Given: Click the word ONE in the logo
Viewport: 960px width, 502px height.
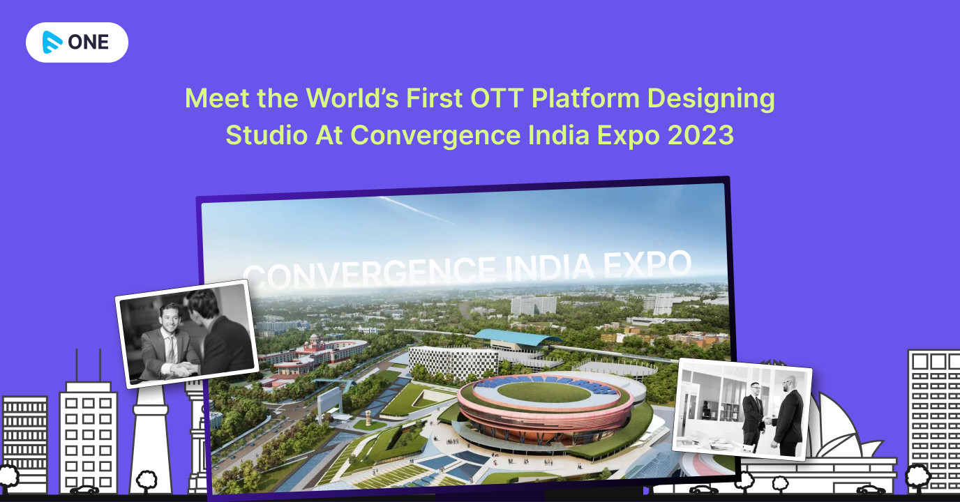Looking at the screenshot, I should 89,43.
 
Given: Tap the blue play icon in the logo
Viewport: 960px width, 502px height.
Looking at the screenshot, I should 52,43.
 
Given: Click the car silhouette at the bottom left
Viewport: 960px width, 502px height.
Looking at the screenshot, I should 84,490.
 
